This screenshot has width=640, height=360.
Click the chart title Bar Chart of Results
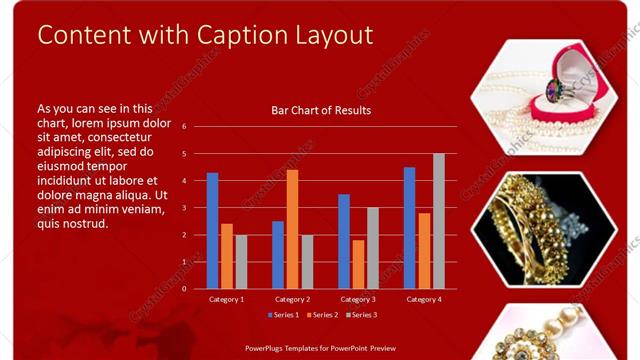pos(321,110)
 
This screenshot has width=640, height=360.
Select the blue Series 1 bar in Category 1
pos(212,231)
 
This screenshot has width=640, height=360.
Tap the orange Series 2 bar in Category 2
pos(292,229)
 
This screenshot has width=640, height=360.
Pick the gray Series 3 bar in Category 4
pos(439,221)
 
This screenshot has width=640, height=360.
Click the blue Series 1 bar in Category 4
pos(410,228)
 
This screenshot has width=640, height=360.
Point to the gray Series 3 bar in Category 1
pos(241,262)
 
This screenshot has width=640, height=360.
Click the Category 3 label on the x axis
pos(358,299)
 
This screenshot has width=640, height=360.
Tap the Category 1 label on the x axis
pos(226,299)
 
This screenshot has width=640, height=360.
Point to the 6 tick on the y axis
pos(184,127)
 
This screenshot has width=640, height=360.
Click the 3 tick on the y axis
pos(184,208)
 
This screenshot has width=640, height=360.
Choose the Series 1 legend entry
pos(284,315)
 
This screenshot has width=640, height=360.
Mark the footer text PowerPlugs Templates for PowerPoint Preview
pos(320,348)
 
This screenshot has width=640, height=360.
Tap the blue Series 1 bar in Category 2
pos(278,255)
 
